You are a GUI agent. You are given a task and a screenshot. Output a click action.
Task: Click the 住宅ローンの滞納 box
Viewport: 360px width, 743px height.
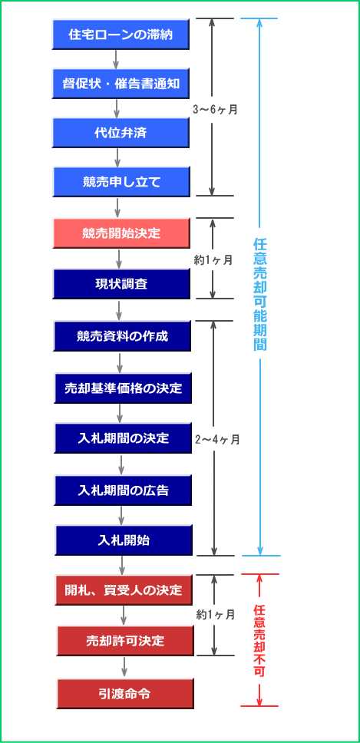(x=121, y=35)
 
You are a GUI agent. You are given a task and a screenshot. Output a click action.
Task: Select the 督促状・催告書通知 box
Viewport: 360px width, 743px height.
(x=121, y=84)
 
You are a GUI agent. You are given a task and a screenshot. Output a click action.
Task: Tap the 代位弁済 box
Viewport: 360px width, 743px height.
(x=121, y=133)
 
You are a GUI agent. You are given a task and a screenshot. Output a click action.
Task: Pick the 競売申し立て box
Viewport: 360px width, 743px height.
(x=121, y=181)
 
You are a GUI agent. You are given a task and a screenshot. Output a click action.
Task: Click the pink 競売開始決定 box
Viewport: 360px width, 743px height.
(x=121, y=233)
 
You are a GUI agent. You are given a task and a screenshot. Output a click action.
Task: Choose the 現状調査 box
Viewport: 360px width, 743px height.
(x=121, y=284)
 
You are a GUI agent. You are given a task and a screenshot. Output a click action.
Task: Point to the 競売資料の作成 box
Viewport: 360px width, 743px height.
(x=122, y=336)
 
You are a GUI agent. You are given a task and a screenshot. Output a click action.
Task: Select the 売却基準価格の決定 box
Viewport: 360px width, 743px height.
(x=123, y=388)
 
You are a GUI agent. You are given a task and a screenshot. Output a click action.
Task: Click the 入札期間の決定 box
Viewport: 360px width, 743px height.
(x=123, y=438)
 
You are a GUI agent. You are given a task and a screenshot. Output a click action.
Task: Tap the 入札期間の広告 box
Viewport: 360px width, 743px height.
(x=123, y=490)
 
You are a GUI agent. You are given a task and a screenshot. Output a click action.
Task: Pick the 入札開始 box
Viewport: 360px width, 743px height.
(x=124, y=540)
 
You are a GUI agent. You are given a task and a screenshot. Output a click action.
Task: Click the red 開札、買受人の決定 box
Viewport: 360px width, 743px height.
(x=124, y=590)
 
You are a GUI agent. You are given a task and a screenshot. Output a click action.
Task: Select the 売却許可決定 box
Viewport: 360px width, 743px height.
(x=125, y=641)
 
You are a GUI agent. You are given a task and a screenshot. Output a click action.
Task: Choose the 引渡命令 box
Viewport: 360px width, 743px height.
(x=126, y=693)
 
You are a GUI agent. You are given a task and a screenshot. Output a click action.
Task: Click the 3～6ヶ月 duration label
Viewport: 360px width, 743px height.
(x=215, y=109)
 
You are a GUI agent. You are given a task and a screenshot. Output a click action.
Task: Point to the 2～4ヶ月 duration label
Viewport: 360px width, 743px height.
(x=217, y=439)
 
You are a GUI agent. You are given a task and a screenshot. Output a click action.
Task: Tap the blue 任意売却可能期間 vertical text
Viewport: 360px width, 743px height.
(x=259, y=294)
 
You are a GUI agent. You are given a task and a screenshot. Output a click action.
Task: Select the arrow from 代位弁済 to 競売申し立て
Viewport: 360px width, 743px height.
(x=117, y=157)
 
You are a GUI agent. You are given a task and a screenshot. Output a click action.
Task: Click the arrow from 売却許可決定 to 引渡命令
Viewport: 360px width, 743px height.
(x=124, y=667)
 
